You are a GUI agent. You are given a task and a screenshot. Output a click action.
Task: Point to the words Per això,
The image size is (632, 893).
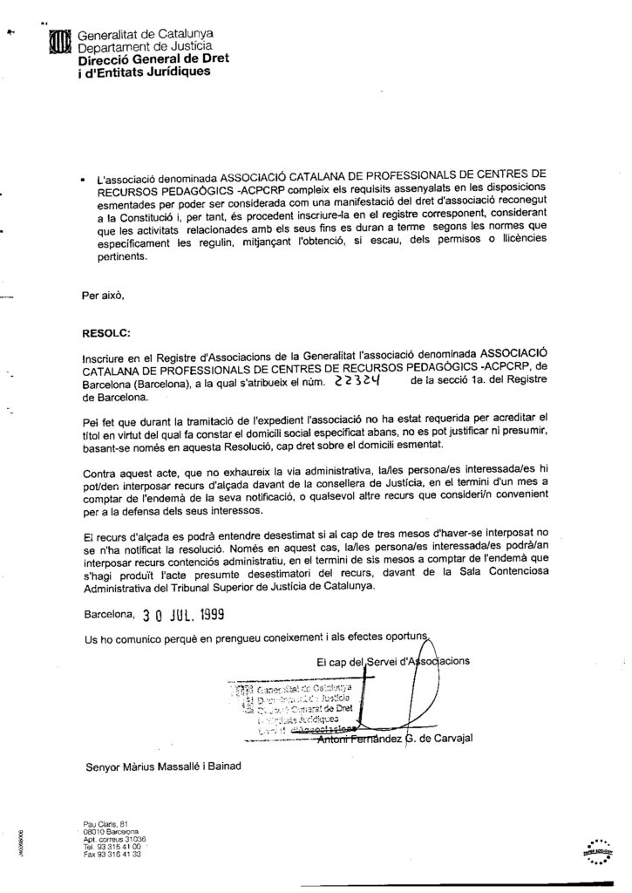point(103,295)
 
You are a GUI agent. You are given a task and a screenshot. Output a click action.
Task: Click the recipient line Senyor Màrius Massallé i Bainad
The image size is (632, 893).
point(162,768)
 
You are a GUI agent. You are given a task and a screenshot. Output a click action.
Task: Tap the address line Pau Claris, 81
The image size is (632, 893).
point(96,823)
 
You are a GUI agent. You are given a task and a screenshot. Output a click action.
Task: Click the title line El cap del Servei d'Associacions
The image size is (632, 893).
point(394,660)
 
